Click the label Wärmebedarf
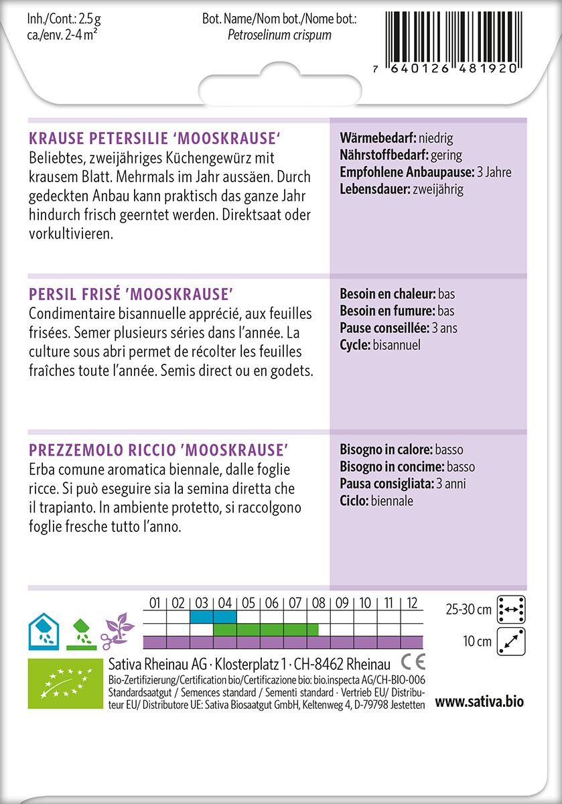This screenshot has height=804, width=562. (x=377, y=139)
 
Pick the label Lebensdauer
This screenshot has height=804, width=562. (x=374, y=189)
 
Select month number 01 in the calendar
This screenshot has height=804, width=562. (x=155, y=603)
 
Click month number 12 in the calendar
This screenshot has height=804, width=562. (x=411, y=603)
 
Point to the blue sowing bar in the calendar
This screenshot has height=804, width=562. (x=213, y=616)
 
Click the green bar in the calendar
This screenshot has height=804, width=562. (x=271, y=629)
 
